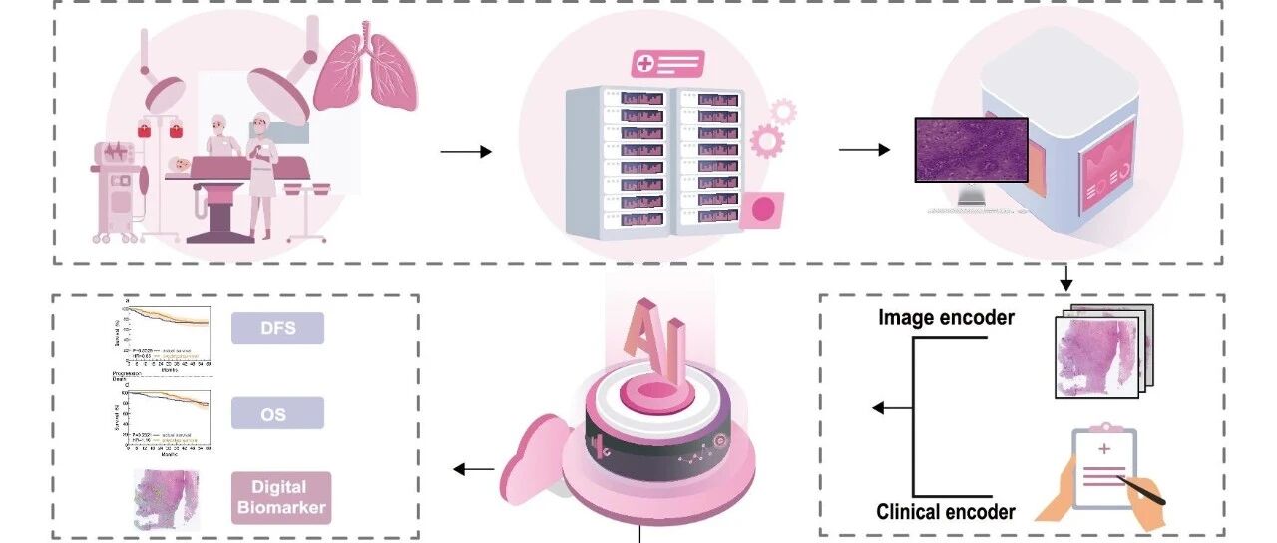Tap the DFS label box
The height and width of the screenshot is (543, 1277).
point(277,327)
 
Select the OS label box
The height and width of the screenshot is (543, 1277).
point(277,412)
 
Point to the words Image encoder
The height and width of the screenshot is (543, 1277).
point(946,318)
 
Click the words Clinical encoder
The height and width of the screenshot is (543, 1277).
point(945,512)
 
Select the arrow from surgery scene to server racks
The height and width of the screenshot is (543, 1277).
point(466,152)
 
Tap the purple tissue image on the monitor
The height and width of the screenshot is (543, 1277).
point(971,150)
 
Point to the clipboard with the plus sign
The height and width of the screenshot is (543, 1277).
point(1104,468)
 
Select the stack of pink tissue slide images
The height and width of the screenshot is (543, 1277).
point(1102,349)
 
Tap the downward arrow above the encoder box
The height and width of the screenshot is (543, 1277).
point(1066,277)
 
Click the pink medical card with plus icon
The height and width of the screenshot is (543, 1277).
point(667,63)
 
